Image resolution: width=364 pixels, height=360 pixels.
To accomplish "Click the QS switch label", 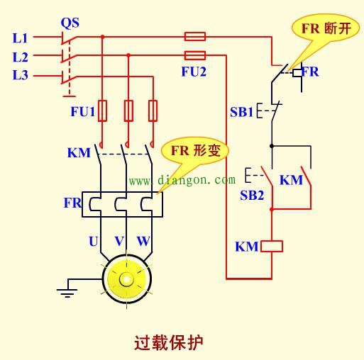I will click(x=70, y=23).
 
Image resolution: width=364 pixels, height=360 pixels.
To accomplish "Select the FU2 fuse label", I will click(x=192, y=72).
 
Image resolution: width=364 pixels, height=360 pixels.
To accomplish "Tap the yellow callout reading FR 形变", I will click(x=188, y=152).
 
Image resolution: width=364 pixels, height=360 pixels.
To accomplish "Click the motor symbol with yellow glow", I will click(x=127, y=279).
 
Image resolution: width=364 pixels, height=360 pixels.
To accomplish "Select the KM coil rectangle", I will click(x=272, y=247).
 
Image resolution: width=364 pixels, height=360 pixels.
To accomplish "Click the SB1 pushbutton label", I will click(x=241, y=112).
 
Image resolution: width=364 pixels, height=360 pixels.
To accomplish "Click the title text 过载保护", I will click(x=168, y=342).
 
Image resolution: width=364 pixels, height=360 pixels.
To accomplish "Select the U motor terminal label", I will click(x=93, y=242).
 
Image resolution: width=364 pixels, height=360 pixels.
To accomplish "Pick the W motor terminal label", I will click(x=143, y=242).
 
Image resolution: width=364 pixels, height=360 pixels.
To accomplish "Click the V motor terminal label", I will click(x=119, y=242).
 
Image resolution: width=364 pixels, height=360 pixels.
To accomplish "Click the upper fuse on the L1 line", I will click(x=194, y=36).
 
